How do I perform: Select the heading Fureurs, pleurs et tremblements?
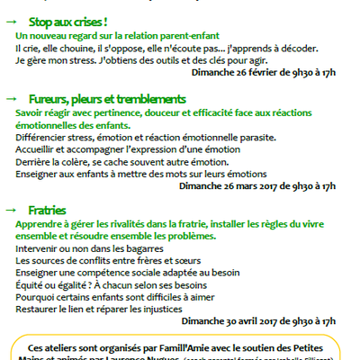[107, 97]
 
